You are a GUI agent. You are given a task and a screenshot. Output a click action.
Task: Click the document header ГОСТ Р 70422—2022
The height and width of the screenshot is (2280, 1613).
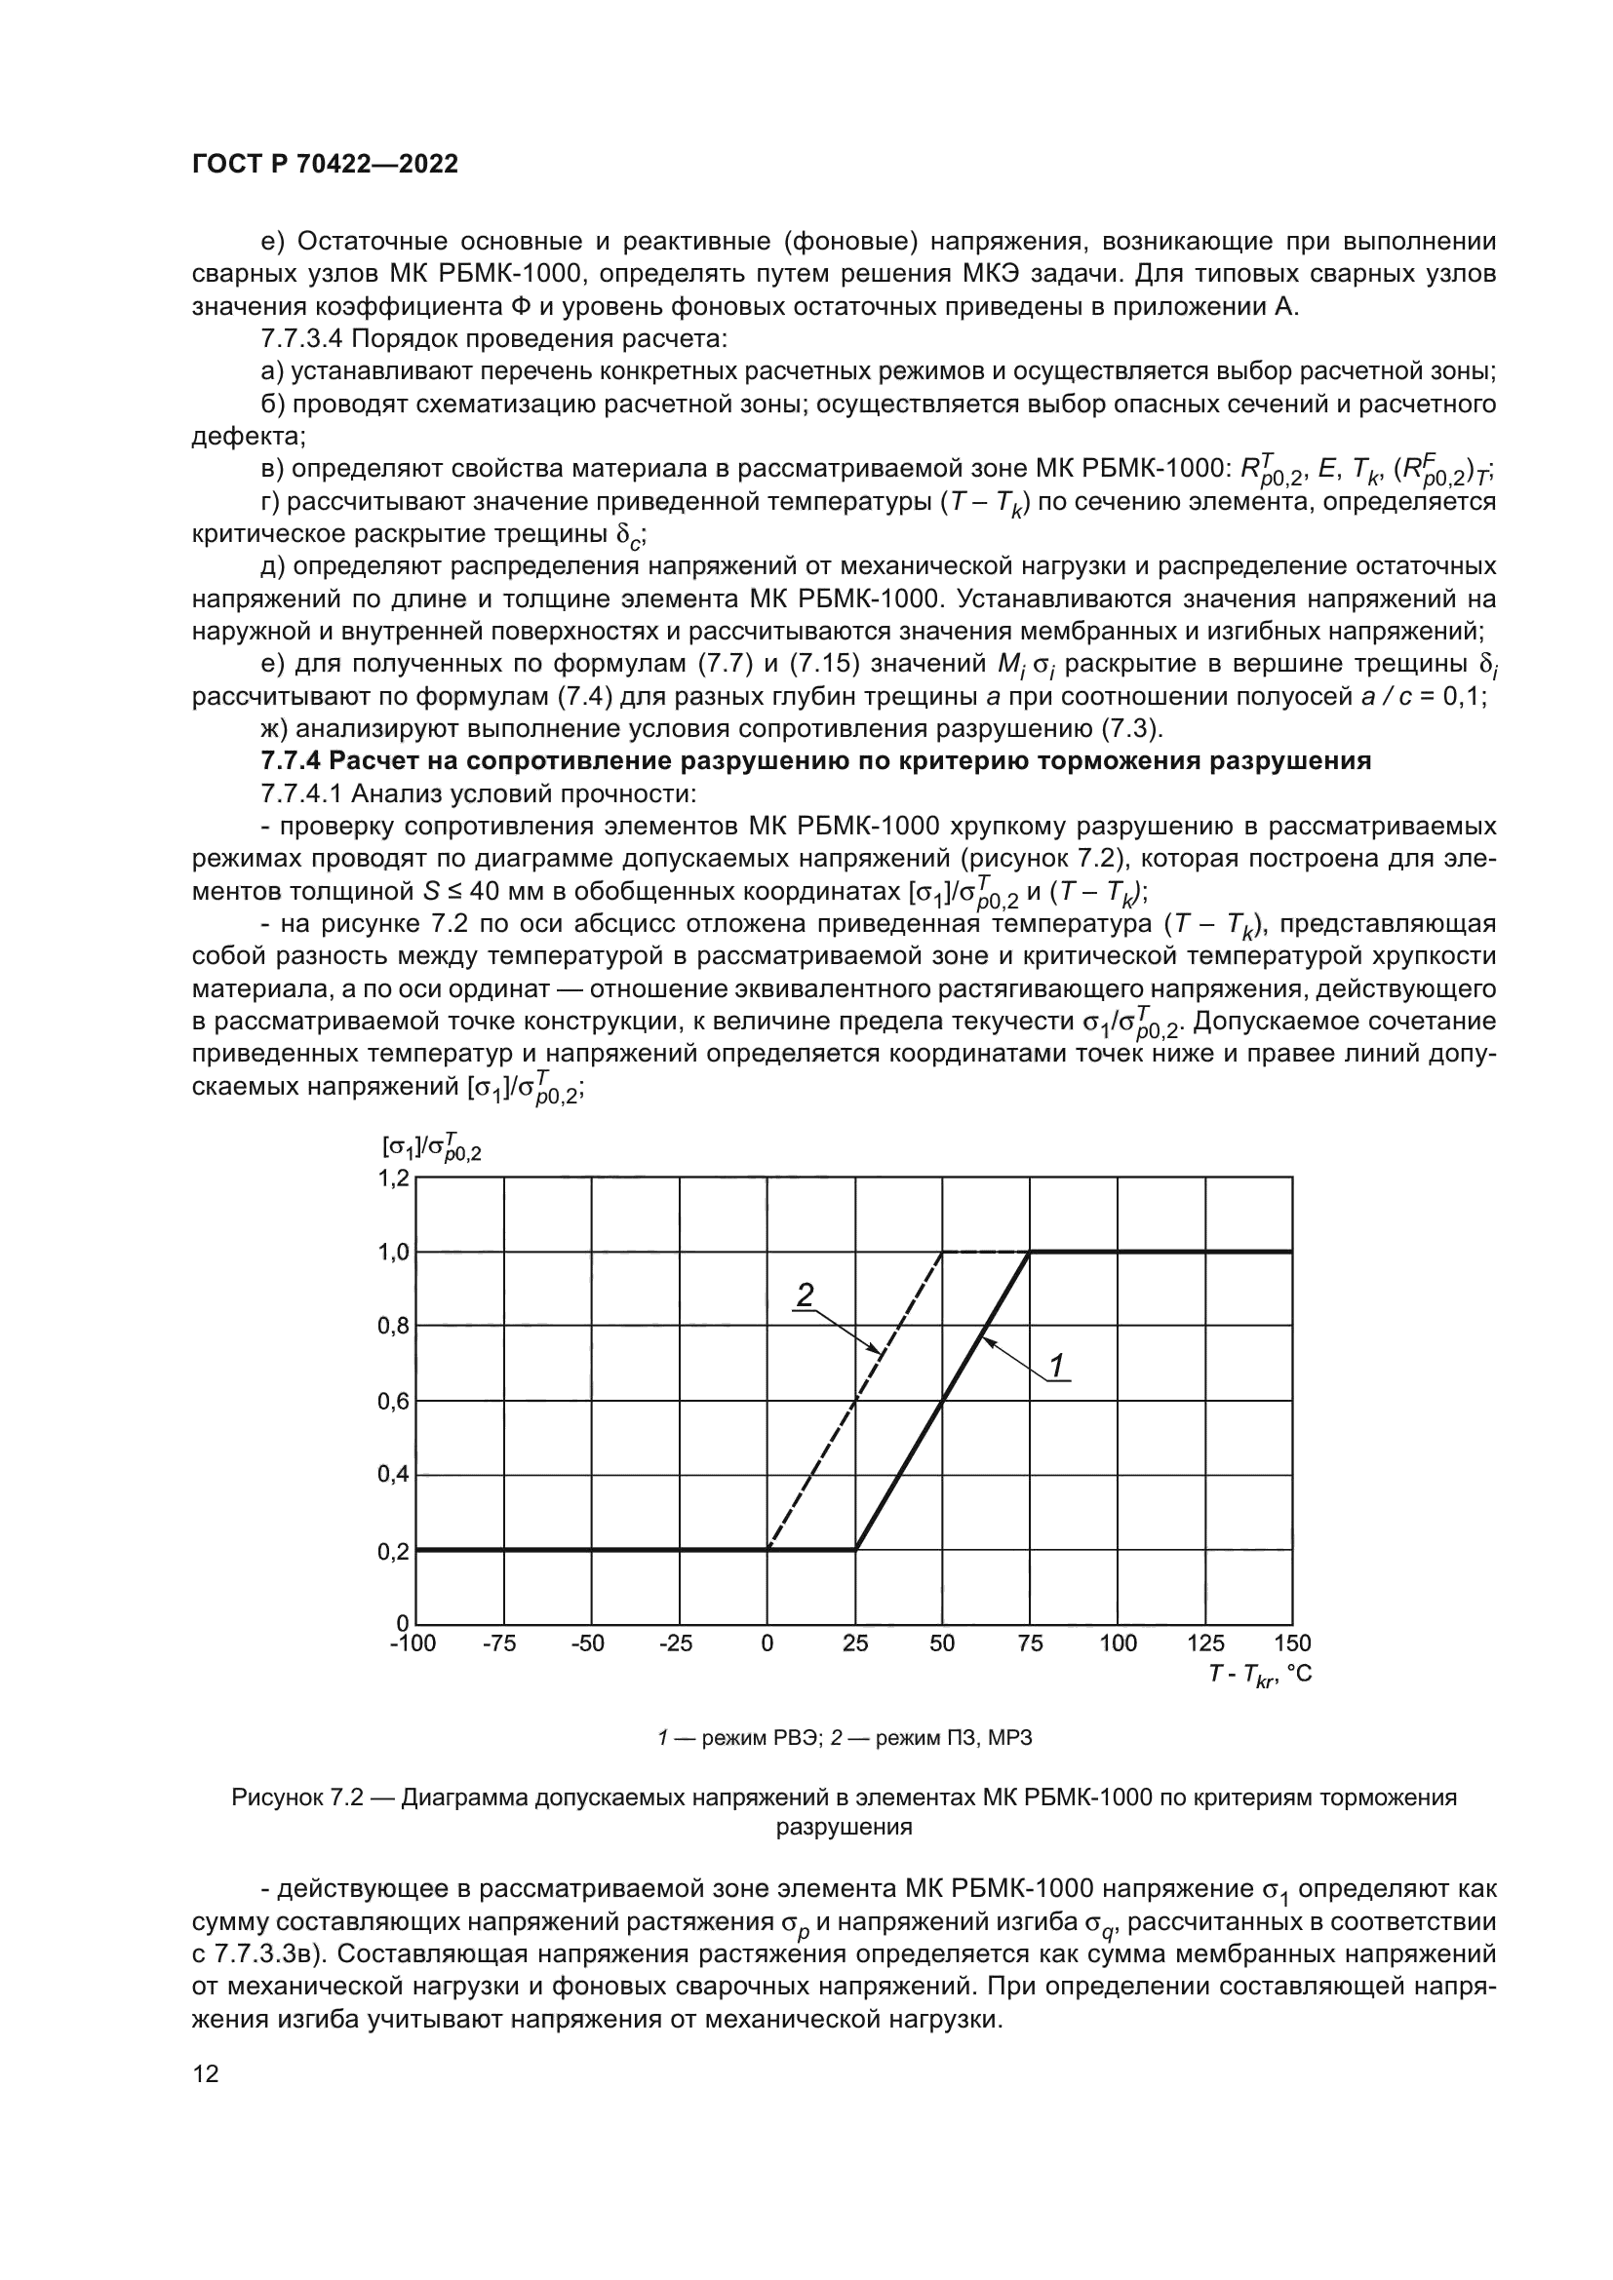pos(325,165)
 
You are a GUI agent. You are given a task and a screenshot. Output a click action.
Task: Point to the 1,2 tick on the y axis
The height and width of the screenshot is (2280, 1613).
pos(393,1179)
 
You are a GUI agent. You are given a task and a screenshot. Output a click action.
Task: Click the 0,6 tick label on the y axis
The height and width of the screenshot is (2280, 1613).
pos(393,1401)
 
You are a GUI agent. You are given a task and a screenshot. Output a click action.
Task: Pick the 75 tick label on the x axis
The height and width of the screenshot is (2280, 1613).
pos(1030,1643)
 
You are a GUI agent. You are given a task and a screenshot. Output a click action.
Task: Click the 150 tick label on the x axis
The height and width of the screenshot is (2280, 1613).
pos(1292,1643)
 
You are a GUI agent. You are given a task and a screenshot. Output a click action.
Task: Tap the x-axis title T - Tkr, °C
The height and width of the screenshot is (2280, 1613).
pos(1259,1676)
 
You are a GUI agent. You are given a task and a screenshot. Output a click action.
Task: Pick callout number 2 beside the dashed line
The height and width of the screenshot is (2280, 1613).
pos(806,1294)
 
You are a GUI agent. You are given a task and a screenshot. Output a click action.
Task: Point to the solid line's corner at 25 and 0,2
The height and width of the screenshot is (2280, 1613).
pos(856,1549)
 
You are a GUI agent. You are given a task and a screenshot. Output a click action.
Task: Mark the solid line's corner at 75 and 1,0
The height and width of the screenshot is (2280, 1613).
pos(1030,1253)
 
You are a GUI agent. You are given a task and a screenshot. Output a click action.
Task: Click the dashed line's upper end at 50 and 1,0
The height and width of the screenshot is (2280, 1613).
pos(943,1253)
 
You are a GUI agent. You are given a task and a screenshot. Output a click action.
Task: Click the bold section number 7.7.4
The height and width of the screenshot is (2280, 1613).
pos(290,761)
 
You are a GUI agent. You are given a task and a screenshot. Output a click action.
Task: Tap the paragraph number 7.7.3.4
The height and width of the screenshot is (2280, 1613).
pos(301,339)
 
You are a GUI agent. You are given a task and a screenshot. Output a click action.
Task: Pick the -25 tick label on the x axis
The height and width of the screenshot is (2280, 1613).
pos(676,1643)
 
